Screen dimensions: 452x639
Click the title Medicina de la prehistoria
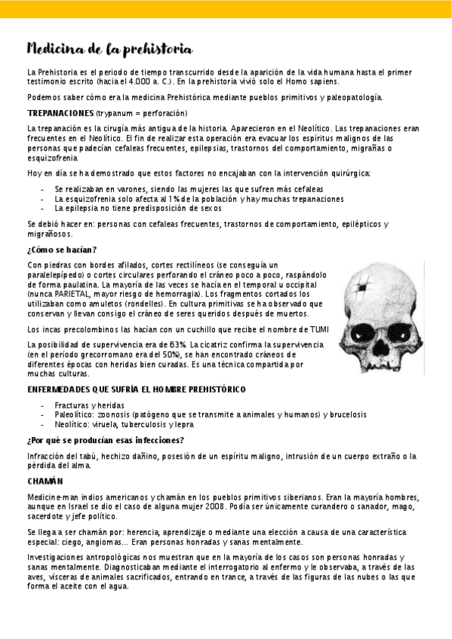click(x=109, y=50)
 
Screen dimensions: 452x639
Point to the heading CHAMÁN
click(x=45, y=480)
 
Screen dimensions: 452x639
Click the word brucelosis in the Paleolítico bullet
click(x=347, y=414)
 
